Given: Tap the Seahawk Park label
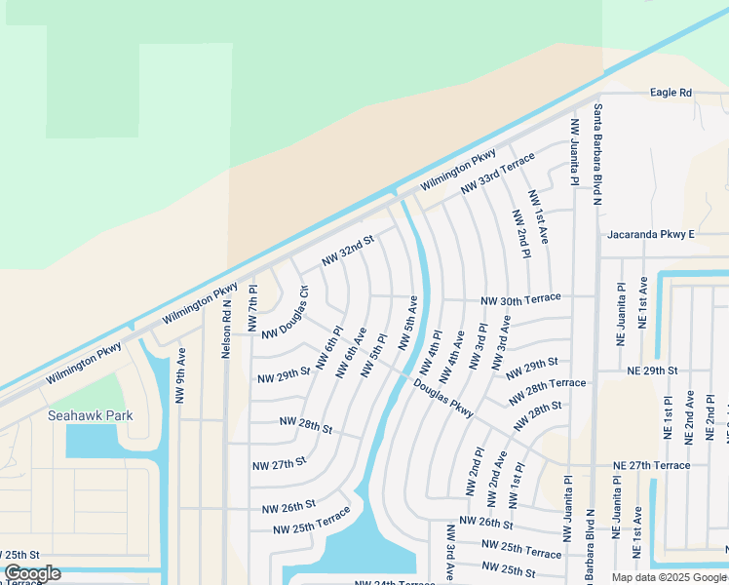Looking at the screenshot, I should pos(91,415).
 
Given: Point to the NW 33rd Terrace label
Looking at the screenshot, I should pos(497,173).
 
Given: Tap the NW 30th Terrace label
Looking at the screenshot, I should pos(520,298).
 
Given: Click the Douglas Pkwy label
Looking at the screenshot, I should pos(443,398).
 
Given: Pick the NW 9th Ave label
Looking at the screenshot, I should pos(180,375).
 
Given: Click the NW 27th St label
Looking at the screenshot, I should pos(279,463).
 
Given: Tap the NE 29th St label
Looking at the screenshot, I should pos(652,371).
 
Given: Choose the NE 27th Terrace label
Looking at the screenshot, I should pos(652,466).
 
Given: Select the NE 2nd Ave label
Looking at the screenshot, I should pos(689,417).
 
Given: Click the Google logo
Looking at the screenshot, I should pos(32,573).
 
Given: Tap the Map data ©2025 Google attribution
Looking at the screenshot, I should pos(668,577).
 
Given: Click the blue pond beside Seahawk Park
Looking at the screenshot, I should pos(96,442).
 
